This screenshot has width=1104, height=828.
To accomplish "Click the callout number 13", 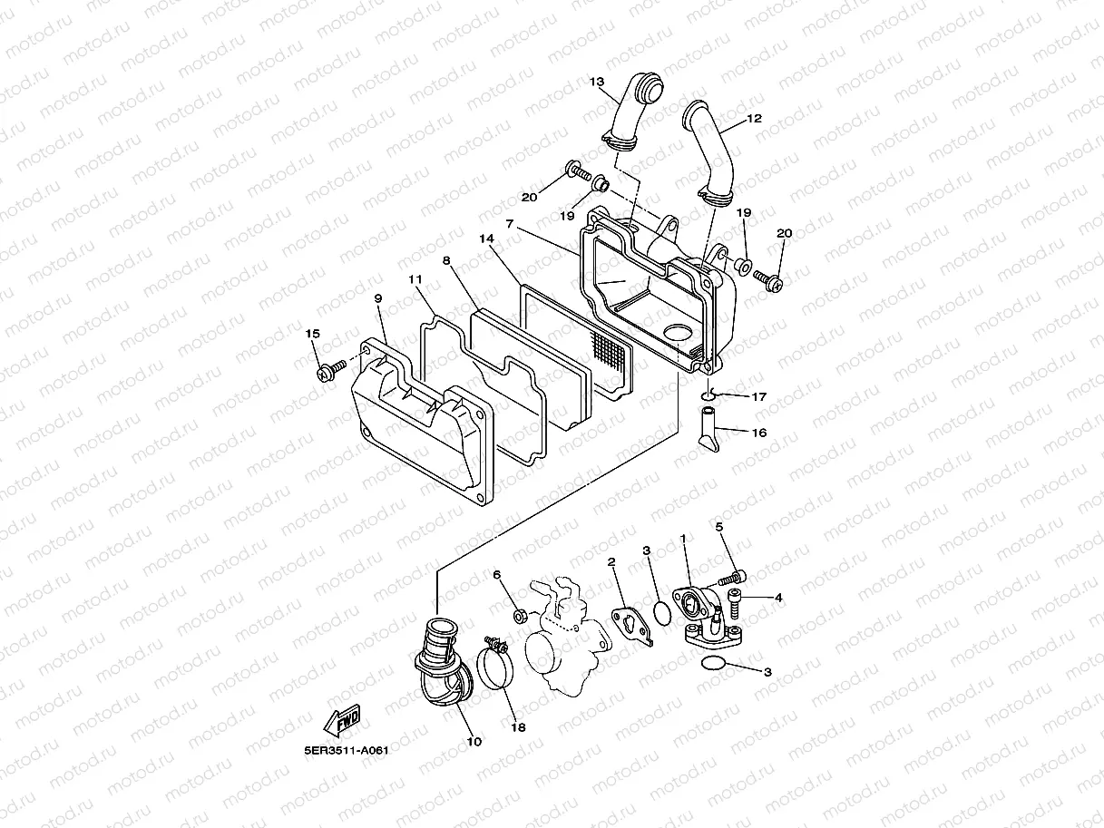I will click(x=596, y=82).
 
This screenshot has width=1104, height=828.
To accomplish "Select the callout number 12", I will click(x=754, y=118).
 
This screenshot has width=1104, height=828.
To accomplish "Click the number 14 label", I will click(x=487, y=239).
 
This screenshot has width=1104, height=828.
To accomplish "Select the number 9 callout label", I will click(x=377, y=297).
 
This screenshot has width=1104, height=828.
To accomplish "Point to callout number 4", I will click(x=777, y=597).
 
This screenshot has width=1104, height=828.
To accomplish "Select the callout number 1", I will click(x=683, y=538).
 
